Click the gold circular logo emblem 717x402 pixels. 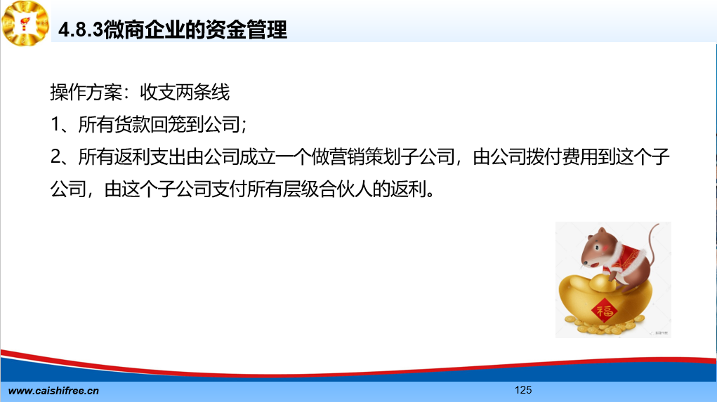click(25, 23)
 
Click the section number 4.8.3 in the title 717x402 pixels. click(81, 30)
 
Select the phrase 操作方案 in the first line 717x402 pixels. click(86, 92)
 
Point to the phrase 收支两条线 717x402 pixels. click(184, 92)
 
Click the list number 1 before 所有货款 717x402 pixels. click(55, 124)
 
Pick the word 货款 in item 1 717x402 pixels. click(132, 124)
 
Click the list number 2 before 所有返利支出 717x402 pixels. click(55, 156)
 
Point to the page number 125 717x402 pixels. click(523, 389)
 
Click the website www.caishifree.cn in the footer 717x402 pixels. click(53, 391)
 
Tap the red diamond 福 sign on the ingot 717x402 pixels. click(604, 311)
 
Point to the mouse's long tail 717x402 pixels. click(651, 247)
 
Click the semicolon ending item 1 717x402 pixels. click(244, 125)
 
